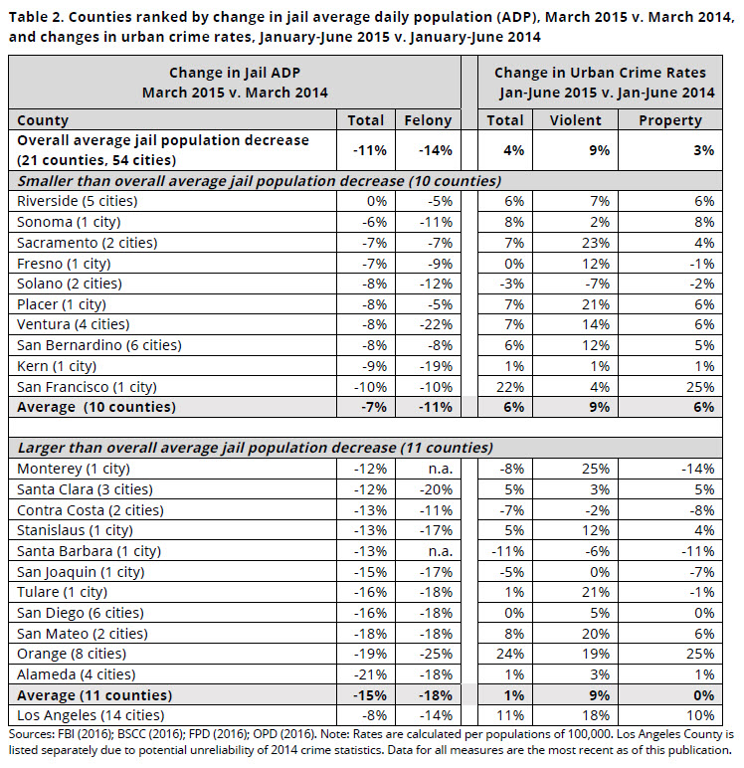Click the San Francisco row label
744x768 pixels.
(84, 388)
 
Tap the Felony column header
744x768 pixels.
(428, 120)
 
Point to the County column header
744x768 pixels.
(43, 120)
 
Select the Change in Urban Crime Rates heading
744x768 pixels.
(600, 73)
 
